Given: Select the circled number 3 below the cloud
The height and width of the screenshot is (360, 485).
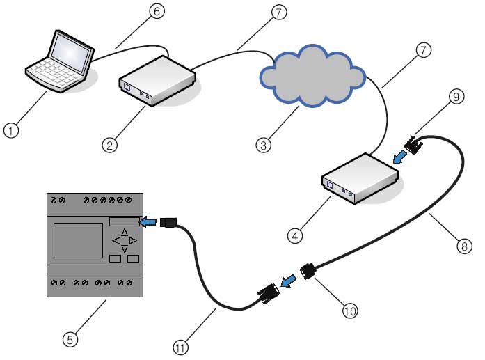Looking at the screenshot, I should click(262, 146).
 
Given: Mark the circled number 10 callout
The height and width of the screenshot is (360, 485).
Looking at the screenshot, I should click(350, 311).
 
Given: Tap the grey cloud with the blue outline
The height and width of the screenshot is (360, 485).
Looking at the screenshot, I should click(313, 75).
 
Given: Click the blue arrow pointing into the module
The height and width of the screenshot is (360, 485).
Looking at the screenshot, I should click(148, 222).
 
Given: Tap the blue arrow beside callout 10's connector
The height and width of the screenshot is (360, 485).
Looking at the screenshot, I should click(287, 280).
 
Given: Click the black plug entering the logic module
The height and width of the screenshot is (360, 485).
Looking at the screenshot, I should click(170, 222).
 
